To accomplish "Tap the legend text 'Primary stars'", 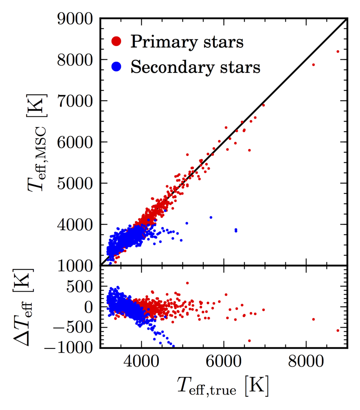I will click(x=187, y=42).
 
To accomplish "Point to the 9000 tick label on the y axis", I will click(x=76, y=18).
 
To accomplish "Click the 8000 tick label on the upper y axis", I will click(x=76, y=59).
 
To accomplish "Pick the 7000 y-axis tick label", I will click(x=76, y=101).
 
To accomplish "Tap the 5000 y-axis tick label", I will click(x=76, y=183).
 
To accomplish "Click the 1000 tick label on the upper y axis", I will click(x=76, y=265).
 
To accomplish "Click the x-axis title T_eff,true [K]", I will click(x=223, y=388).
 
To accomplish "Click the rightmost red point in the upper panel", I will click(x=338, y=51).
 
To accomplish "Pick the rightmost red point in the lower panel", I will click(x=338, y=331).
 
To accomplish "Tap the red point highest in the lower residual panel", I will click(x=187, y=283).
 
